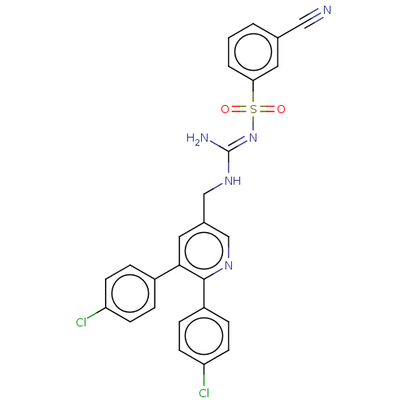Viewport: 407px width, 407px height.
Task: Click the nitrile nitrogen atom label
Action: point(327,11)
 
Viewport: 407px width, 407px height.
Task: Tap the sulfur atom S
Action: point(253,109)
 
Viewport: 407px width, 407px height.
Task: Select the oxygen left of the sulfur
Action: point(225,109)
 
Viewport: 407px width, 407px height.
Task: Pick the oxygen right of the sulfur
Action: point(281,109)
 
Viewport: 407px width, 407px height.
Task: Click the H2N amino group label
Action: point(197,138)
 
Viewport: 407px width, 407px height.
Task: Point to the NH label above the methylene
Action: point(233,181)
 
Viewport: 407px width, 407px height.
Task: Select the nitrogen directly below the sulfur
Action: point(253,138)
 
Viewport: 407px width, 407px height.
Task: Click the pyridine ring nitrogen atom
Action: point(229,265)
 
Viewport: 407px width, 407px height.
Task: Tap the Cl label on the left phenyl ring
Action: point(81,322)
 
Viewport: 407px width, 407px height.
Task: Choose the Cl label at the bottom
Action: point(203,393)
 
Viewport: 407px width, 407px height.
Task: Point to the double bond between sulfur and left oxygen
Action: point(239,109)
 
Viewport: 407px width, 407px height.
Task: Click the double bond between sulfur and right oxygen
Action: point(267,109)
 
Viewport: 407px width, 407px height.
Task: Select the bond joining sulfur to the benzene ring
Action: point(253,92)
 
